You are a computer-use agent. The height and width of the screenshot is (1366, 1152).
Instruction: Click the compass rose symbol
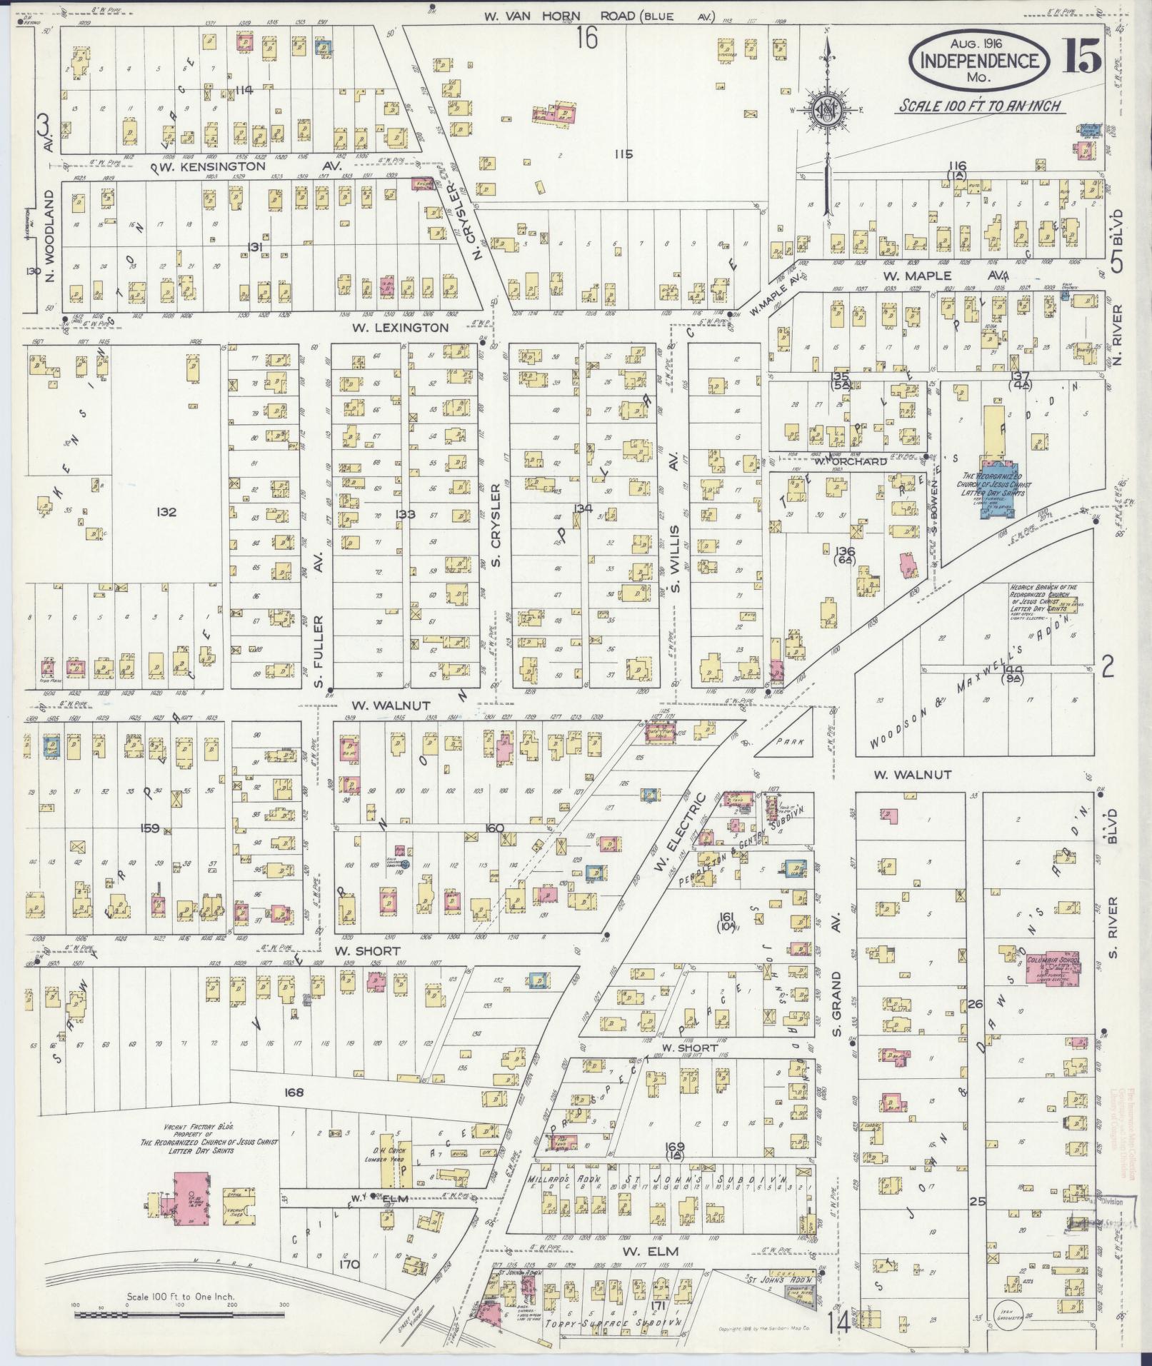[x=826, y=110]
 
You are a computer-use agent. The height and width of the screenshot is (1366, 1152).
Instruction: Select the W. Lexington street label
[x=400, y=328]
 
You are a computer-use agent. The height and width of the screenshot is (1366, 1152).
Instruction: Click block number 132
[x=168, y=512]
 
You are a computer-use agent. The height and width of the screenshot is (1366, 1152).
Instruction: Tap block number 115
[x=623, y=153]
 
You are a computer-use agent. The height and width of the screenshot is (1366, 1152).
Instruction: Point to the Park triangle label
[x=791, y=742]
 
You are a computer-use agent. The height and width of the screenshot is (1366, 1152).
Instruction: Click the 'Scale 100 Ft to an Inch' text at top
[x=978, y=106]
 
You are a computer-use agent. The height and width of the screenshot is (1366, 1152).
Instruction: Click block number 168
[x=294, y=1093]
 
